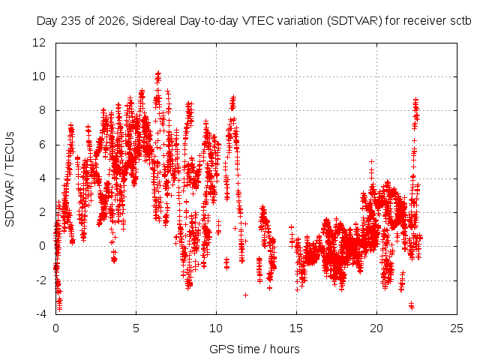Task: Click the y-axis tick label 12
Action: click(39, 43)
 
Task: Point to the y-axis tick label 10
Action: click(39, 76)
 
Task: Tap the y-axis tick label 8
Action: click(42, 110)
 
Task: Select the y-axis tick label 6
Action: click(42, 145)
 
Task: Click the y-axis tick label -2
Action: click(40, 280)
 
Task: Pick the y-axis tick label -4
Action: click(40, 314)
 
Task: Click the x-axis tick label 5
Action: click(136, 328)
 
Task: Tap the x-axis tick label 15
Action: click(296, 328)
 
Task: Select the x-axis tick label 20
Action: click(376, 328)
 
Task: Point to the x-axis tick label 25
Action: click(457, 328)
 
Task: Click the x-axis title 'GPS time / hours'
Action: click(254, 349)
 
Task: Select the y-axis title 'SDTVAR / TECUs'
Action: click(10, 179)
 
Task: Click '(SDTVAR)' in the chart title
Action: click(355, 21)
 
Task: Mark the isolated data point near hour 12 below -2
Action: click(245, 295)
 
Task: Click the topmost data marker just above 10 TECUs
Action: click(158, 73)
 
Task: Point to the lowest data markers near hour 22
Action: click(412, 305)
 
